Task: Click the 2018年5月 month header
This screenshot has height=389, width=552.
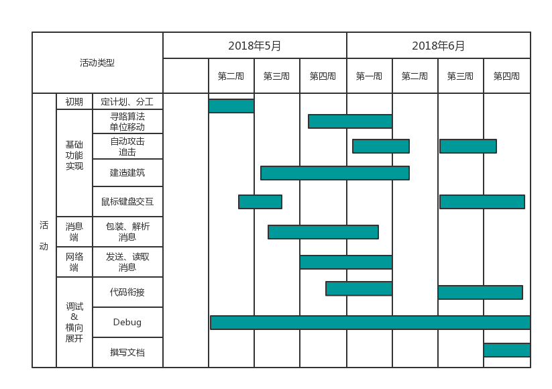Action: pyautogui.click(x=255, y=46)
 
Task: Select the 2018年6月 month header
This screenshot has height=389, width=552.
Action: pyautogui.click(x=439, y=46)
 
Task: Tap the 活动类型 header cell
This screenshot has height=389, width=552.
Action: pyautogui.click(x=97, y=63)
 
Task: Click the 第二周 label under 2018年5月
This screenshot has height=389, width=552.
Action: pyautogui.click(x=231, y=76)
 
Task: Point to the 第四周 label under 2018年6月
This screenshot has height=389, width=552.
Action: pyautogui.click(x=506, y=76)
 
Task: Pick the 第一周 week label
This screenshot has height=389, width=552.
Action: pyautogui.click(x=369, y=76)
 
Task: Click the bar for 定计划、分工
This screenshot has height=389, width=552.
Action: pyautogui.click(x=231, y=106)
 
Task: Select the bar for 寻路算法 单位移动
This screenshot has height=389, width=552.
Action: pyautogui.click(x=350, y=121)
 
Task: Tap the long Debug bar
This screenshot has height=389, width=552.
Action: pyautogui.click(x=370, y=323)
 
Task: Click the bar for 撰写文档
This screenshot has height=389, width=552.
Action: pyautogui.click(x=506, y=350)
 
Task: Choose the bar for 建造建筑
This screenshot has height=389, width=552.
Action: pyautogui.click(x=335, y=173)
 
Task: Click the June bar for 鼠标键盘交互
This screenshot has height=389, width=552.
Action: pyautogui.click(x=482, y=202)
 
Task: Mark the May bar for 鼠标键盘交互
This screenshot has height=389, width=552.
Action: pyautogui.click(x=260, y=202)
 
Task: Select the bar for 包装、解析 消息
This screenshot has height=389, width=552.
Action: pyautogui.click(x=323, y=232)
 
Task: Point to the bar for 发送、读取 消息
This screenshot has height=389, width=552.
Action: pyautogui.click(x=346, y=262)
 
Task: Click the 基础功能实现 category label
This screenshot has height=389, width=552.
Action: pyautogui.click(x=74, y=155)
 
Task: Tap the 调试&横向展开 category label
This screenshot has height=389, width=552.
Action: pyautogui.click(x=74, y=323)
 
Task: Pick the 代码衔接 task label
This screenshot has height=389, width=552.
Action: pyautogui.click(x=127, y=292)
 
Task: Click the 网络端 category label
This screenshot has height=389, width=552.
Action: pyautogui.click(x=74, y=262)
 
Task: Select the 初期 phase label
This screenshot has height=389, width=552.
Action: pyautogui.click(x=74, y=102)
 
